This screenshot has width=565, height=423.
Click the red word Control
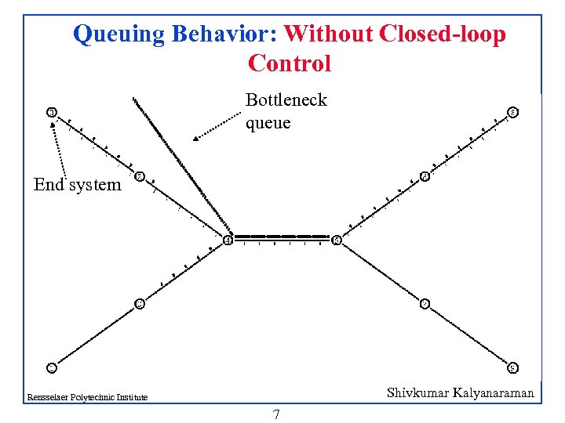(289, 63)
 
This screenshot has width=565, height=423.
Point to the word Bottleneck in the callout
(286, 100)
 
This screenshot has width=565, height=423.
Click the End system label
(78, 185)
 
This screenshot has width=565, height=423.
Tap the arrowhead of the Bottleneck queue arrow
(195, 139)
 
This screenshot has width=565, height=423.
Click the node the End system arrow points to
(51, 113)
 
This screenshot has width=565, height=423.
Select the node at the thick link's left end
(228, 240)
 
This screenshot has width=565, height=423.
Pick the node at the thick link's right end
(336, 240)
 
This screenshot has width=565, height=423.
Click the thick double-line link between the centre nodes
(282, 237)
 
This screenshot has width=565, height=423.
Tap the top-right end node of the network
(512, 112)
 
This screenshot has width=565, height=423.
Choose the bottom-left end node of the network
(51, 367)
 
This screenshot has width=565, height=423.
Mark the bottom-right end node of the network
(512, 367)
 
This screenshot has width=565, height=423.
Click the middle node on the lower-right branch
(424, 303)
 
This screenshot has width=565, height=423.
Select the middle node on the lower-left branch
(139, 303)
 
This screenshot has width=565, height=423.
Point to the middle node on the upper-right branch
(424, 176)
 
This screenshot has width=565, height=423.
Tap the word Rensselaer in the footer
(46, 397)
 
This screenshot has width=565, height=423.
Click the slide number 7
(276, 414)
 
